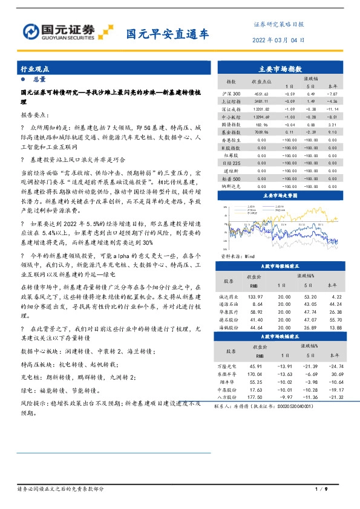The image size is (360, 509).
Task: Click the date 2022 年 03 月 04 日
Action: pyautogui.click(x=278, y=40)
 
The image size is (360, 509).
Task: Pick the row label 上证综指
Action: pyautogui.click(x=231, y=102)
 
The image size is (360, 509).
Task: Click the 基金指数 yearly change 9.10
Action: pyautogui.click(x=332, y=132)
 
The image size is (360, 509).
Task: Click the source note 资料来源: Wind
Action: pyautogui.click(x=237, y=256)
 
